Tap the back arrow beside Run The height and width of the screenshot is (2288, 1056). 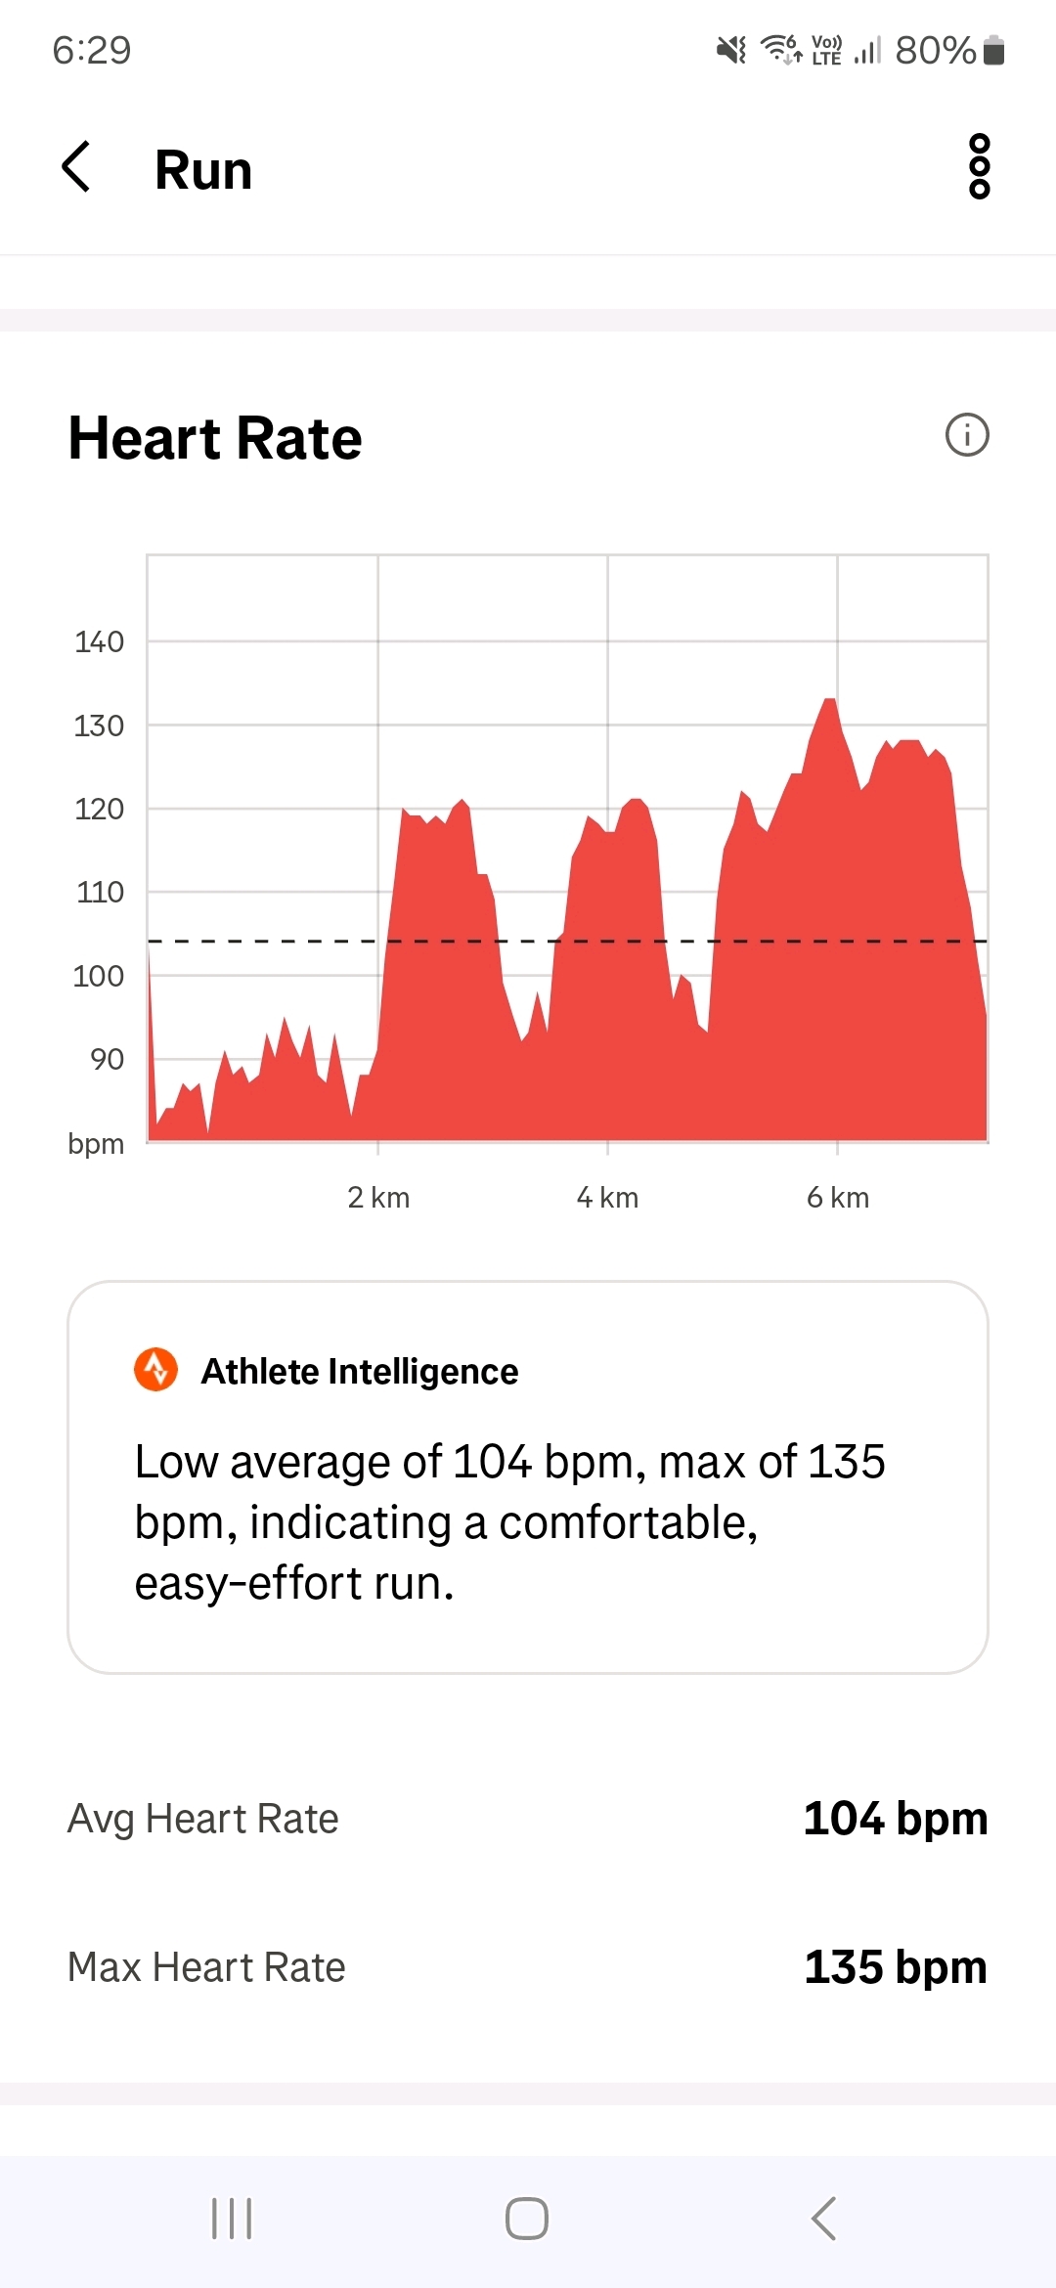pos(76,167)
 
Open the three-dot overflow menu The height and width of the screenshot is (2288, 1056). pos(979,167)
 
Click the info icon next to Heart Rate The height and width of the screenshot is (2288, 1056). pos(967,435)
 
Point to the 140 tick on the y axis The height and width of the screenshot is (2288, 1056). pos(99,642)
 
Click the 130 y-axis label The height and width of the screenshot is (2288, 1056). pos(99,726)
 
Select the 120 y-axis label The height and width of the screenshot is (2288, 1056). pos(99,809)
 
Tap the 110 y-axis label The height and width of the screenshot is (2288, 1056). pos(100,892)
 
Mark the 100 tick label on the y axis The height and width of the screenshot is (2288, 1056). pos(99,976)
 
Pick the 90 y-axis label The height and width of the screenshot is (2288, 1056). pos(107,1059)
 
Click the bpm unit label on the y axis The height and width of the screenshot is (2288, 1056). pos(96,1143)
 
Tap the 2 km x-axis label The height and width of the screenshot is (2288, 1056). pos(378,1198)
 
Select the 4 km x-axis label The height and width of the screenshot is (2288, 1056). pos(607,1198)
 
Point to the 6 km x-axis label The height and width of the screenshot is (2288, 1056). pos(838,1198)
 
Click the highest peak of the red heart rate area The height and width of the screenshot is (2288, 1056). pos(829,702)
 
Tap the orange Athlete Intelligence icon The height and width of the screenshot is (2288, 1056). pos(156,1370)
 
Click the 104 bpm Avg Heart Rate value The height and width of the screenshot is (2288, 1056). pos(895,1819)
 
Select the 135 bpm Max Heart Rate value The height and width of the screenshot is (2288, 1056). pos(895,1967)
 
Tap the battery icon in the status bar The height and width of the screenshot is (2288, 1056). pos(993,50)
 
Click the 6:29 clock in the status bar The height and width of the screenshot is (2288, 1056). pos(92,50)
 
